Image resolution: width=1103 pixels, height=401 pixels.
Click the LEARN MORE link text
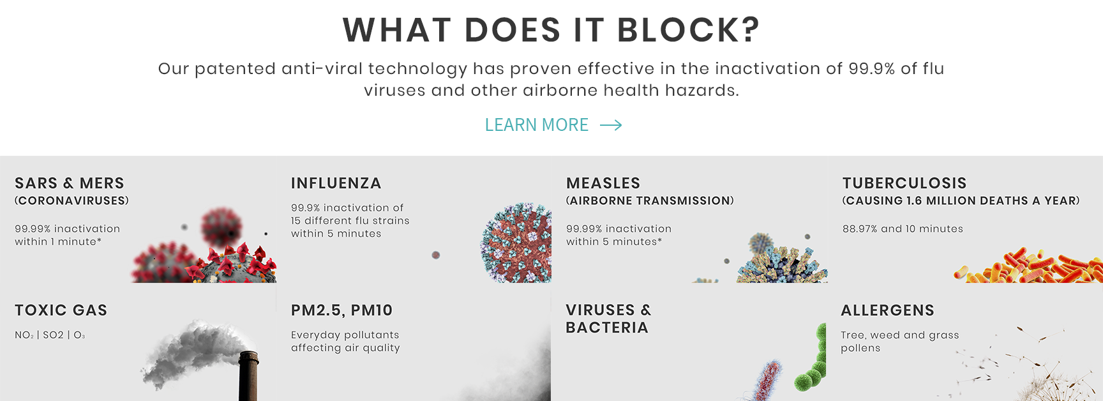(536, 125)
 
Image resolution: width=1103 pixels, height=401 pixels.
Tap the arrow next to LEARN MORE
(611, 125)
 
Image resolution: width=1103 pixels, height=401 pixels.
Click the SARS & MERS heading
(70, 183)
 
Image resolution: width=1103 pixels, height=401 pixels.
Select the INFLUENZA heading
(336, 183)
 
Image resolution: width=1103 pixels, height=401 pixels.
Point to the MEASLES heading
(603, 183)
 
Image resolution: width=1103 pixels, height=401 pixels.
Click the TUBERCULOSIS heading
(904, 183)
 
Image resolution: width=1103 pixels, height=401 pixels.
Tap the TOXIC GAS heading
(61, 310)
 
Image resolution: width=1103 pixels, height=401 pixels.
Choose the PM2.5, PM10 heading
(341, 310)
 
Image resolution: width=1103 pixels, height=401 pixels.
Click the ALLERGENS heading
(887, 310)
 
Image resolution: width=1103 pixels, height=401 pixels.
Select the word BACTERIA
(607, 328)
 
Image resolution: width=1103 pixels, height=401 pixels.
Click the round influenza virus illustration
(516, 243)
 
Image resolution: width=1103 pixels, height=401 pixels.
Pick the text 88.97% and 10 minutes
(903, 229)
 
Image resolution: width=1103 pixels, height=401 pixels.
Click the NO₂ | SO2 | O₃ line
(50, 335)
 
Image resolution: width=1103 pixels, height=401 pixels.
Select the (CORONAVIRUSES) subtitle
(71, 200)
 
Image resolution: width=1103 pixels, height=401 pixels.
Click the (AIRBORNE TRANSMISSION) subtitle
(650, 200)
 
